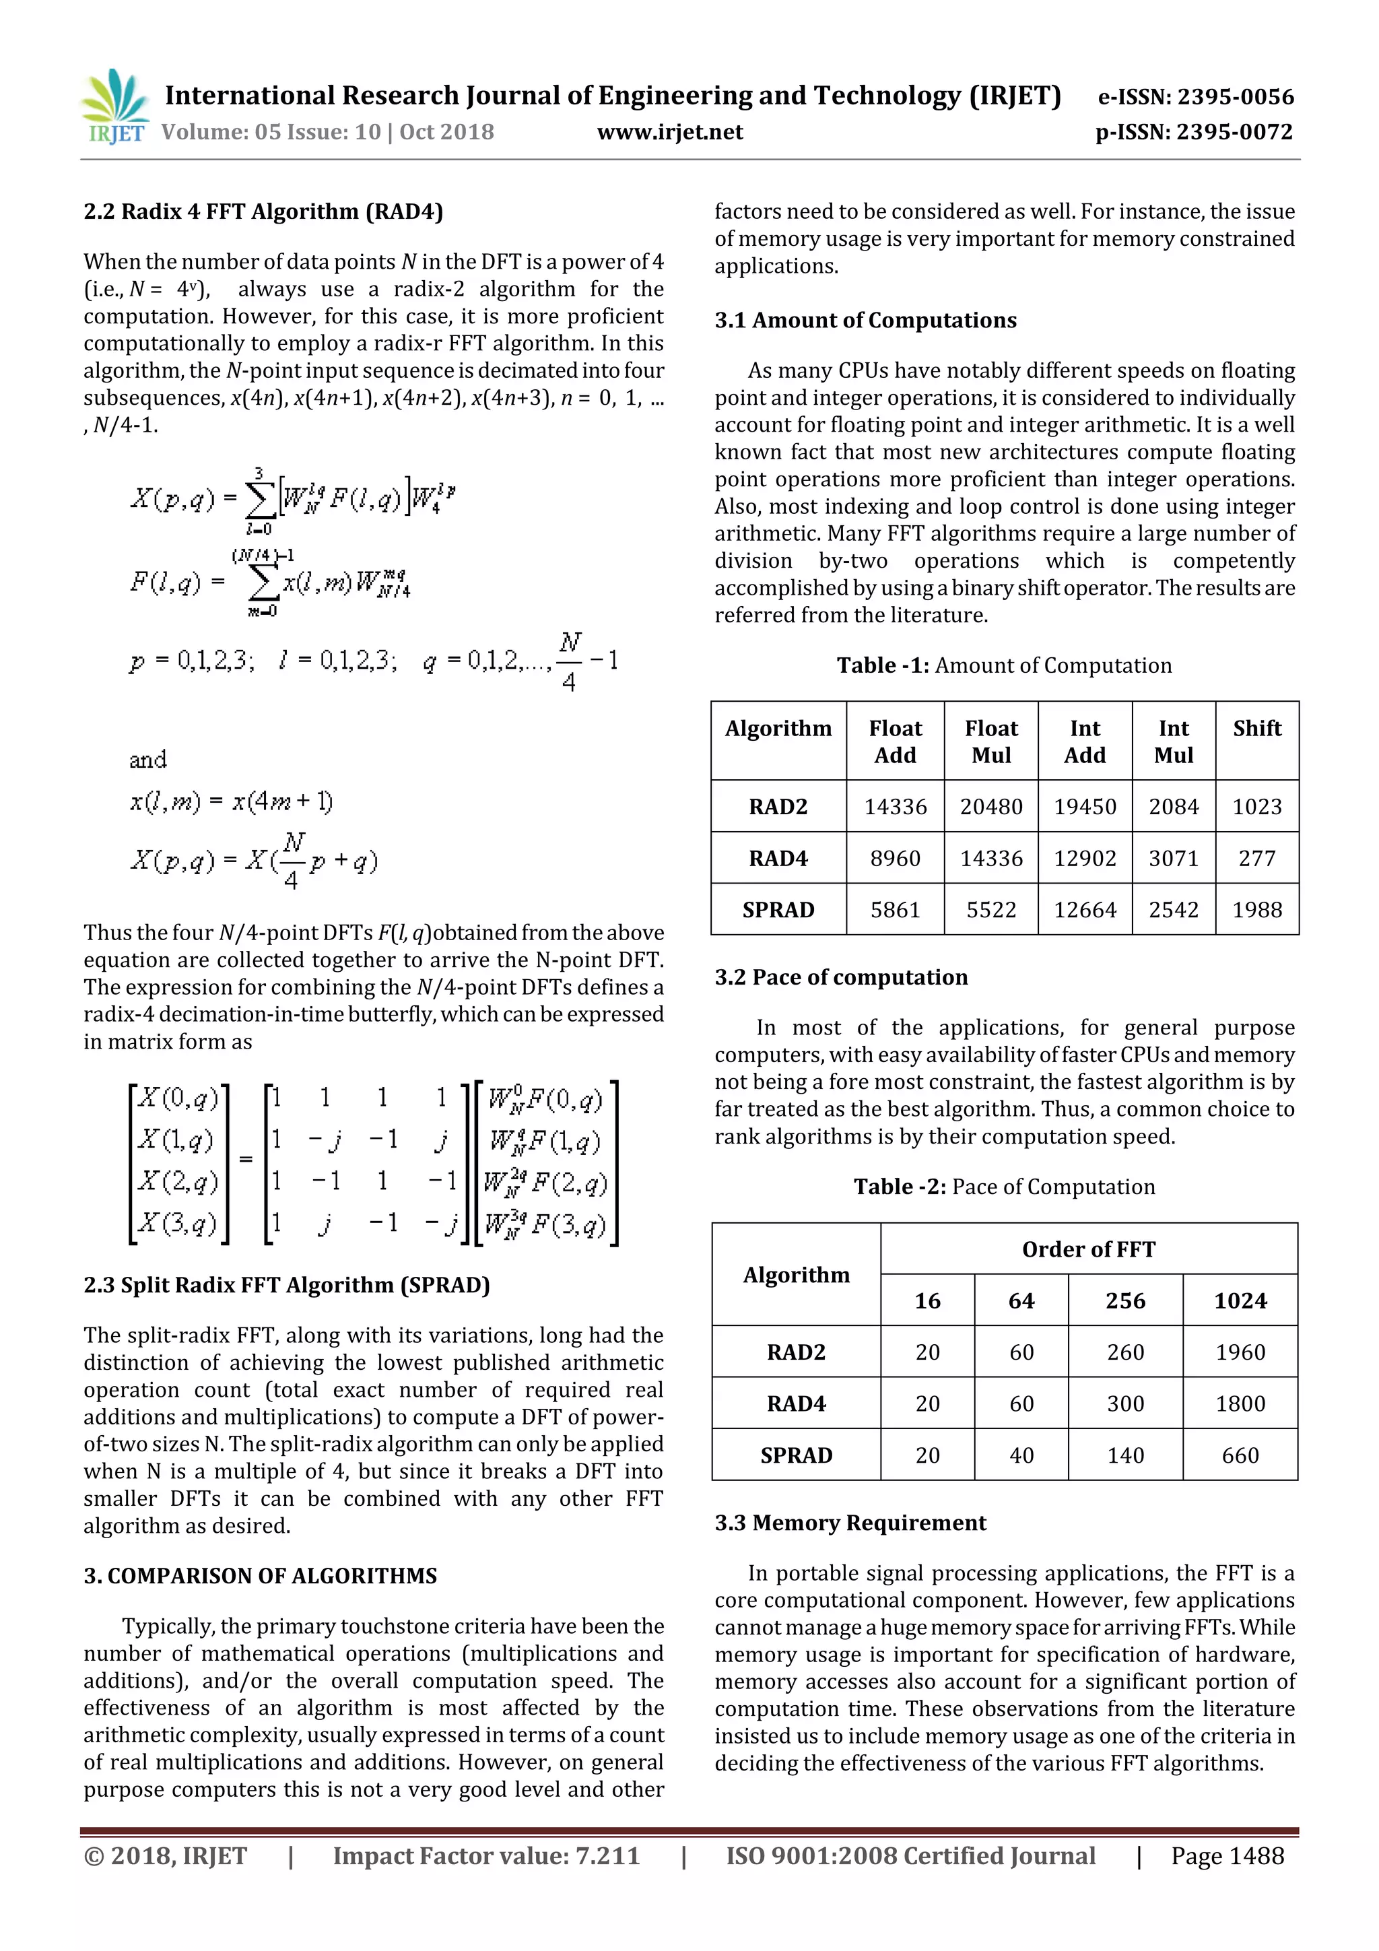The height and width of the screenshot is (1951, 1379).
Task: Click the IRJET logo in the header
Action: point(114,107)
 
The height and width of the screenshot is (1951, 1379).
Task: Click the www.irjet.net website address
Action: point(669,132)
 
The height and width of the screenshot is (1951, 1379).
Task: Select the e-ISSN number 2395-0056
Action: point(1195,97)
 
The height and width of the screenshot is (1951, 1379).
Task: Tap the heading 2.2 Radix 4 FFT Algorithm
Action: point(263,211)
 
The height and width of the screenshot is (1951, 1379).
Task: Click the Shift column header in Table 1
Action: point(1256,729)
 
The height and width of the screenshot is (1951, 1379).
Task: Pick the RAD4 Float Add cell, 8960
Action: point(895,858)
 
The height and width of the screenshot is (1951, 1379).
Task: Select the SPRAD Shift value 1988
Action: point(1256,910)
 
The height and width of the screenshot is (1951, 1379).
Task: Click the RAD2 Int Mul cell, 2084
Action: point(1174,806)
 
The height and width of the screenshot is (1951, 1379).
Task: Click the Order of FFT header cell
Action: point(1088,1249)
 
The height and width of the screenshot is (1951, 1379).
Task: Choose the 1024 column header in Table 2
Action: point(1240,1301)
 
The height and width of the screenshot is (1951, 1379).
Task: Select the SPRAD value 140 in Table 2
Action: point(1125,1455)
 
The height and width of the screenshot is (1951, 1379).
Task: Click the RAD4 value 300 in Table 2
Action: point(1125,1403)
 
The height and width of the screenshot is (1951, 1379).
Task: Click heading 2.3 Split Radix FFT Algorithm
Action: point(286,1285)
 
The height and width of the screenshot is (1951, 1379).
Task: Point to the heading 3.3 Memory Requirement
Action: point(850,1523)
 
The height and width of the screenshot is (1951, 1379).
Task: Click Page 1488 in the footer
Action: point(1227,1856)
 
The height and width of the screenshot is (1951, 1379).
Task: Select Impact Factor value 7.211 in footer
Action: point(486,1856)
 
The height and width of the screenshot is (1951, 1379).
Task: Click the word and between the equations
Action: point(148,760)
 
